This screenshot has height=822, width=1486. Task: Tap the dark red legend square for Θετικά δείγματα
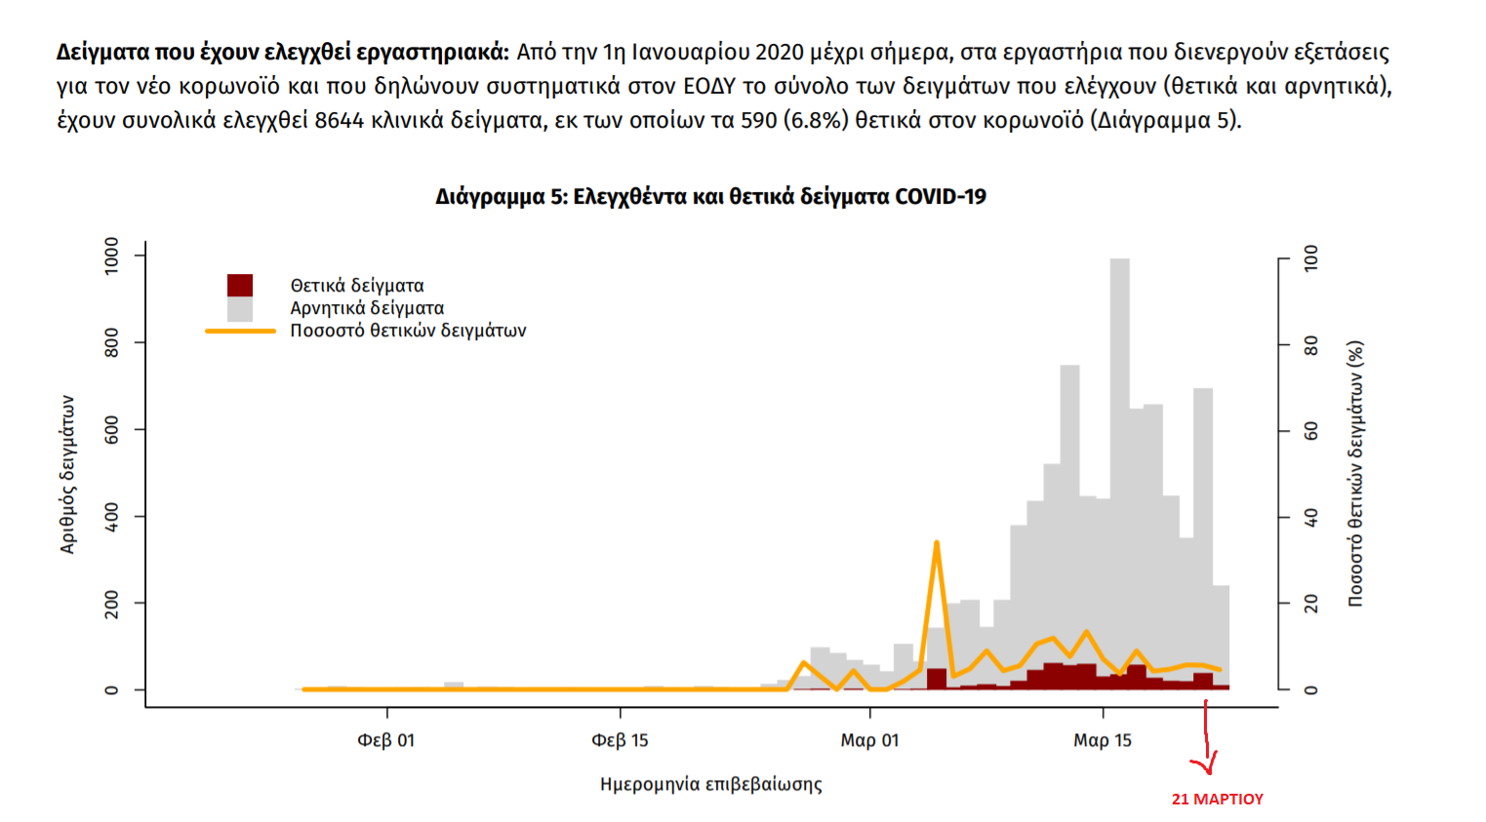pos(240,285)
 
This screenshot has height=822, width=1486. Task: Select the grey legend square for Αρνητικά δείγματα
pos(240,309)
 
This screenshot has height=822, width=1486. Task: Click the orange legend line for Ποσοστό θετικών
pos(240,332)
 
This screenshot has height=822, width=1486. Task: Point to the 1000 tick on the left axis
pos(112,255)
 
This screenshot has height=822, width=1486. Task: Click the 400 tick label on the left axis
pos(112,517)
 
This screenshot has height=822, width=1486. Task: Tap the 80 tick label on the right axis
pos(1311,345)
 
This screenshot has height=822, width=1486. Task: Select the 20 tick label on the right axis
pos(1311,604)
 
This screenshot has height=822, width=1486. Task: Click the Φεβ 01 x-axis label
pos(386,741)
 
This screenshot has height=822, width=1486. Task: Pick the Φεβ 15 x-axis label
pos(620,741)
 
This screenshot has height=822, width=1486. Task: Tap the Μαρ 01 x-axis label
pos(869,741)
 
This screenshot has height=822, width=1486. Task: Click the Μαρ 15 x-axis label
pos(1103,741)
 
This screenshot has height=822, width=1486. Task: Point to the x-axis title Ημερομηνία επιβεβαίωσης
pos(710,784)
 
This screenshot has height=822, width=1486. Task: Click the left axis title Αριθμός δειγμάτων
pos(67,474)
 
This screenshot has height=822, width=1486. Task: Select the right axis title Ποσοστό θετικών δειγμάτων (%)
pos(1355,474)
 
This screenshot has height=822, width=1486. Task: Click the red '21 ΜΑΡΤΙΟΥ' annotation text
pos(1217,800)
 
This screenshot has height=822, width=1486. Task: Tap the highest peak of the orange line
pos(937,542)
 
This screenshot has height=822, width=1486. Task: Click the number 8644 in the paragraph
pos(339,121)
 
